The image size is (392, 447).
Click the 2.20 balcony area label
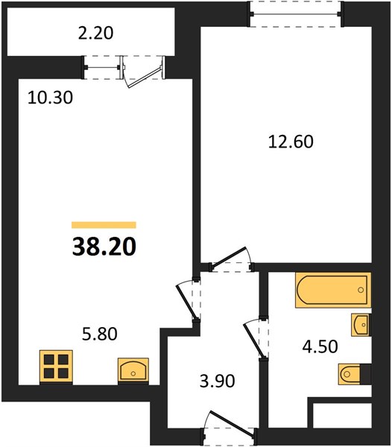click(x=96, y=33)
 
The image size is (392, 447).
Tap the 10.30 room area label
click(x=50, y=98)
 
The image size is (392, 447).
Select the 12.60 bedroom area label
click(x=291, y=142)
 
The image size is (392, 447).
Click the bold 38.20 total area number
click(x=104, y=247)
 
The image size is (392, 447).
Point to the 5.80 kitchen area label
click(x=100, y=334)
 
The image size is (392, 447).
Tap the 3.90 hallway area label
click(x=217, y=381)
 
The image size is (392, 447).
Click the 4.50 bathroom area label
click(x=320, y=346)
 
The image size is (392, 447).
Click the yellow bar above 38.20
click(x=104, y=225)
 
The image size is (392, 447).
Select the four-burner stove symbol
click(x=56, y=367)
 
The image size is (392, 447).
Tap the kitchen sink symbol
click(x=133, y=370)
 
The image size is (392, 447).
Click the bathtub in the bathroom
click(x=333, y=290)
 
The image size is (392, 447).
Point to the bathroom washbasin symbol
click(x=361, y=325)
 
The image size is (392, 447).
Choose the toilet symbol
click(x=350, y=374)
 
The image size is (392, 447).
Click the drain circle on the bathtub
click(x=361, y=290)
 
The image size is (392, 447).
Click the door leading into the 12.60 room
click(x=231, y=259)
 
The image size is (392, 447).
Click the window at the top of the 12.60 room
click(x=295, y=14)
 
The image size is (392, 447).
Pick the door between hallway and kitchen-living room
click(x=189, y=301)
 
